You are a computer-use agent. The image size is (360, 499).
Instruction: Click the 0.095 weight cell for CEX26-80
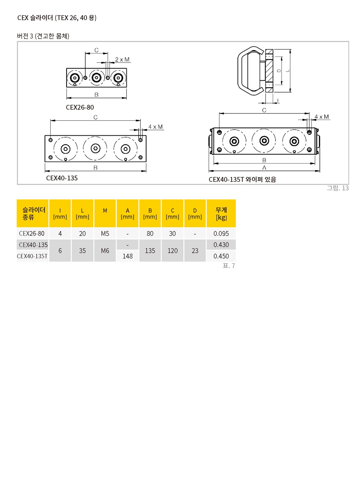(x=221, y=233)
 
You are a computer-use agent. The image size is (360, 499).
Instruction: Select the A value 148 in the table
(x=127, y=256)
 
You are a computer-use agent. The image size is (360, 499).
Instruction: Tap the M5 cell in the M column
(x=105, y=233)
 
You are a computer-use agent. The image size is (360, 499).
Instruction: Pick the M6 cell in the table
(x=105, y=251)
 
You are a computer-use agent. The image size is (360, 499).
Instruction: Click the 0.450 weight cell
(x=221, y=256)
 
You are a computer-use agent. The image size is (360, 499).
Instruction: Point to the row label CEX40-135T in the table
(x=32, y=256)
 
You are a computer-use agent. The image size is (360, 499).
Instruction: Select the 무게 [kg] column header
(x=221, y=213)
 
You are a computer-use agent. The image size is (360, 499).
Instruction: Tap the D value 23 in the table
(x=195, y=251)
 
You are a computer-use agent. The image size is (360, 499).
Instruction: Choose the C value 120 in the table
(x=172, y=251)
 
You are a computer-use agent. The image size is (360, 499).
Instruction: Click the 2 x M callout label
(x=122, y=59)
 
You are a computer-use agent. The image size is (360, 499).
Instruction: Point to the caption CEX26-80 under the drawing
(x=80, y=107)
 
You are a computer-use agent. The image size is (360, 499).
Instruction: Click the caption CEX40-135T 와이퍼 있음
(x=242, y=180)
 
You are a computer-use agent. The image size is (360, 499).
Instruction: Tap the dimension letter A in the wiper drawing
(x=264, y=168)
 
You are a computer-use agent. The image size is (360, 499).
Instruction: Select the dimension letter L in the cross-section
(x=288, y=71)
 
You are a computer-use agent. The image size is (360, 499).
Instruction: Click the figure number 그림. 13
(x=338, y=188)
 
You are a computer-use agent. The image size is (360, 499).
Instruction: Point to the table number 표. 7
(x=229, y=266)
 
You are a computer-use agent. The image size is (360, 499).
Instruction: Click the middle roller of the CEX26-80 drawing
(x=96, y=78)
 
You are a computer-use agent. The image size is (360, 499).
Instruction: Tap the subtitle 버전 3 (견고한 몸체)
(x=43, y=36)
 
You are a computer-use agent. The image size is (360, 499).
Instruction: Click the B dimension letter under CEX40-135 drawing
(x=95, y=168)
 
